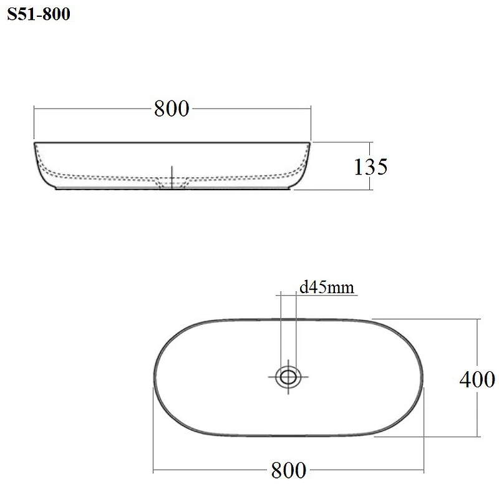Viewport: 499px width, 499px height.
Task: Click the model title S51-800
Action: (x=39, y=14)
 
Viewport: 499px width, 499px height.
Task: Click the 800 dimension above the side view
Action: (x=172, y=109)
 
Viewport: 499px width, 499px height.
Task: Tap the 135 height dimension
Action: (x=371, y=167)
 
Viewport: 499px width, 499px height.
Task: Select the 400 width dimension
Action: (x=477, y=379)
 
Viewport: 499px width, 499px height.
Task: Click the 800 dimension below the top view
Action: (x=289, y=470)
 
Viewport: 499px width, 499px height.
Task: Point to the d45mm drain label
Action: (x=327, y=288)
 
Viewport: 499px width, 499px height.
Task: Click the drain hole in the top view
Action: (x=288, y=377)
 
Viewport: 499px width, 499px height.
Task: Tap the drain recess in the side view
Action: (x=172, y=184)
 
